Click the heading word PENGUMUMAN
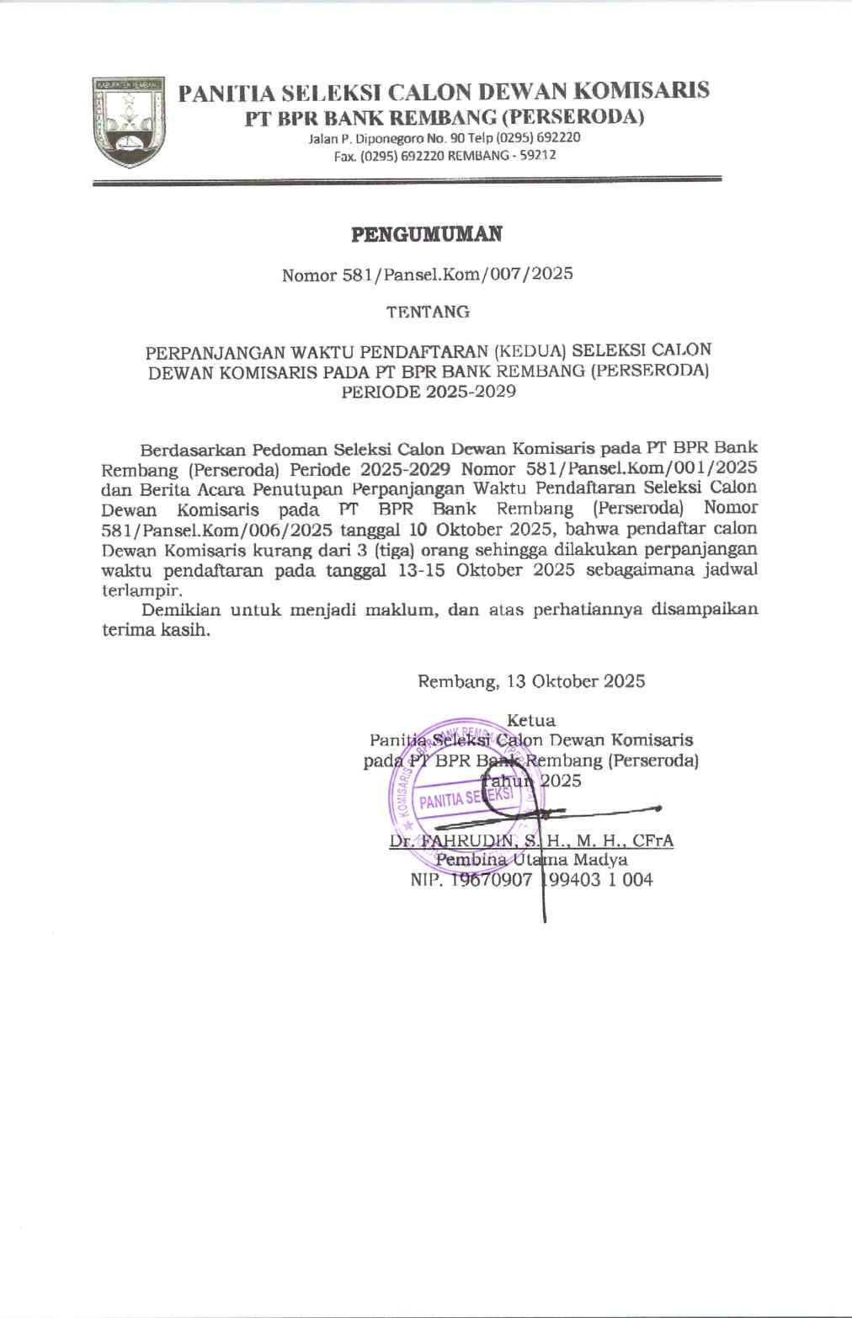[426, 234]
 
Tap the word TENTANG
[428, 312]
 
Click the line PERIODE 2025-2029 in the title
[428, 392]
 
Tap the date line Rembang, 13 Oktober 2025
[531, 681]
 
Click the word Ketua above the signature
[531, 721]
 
